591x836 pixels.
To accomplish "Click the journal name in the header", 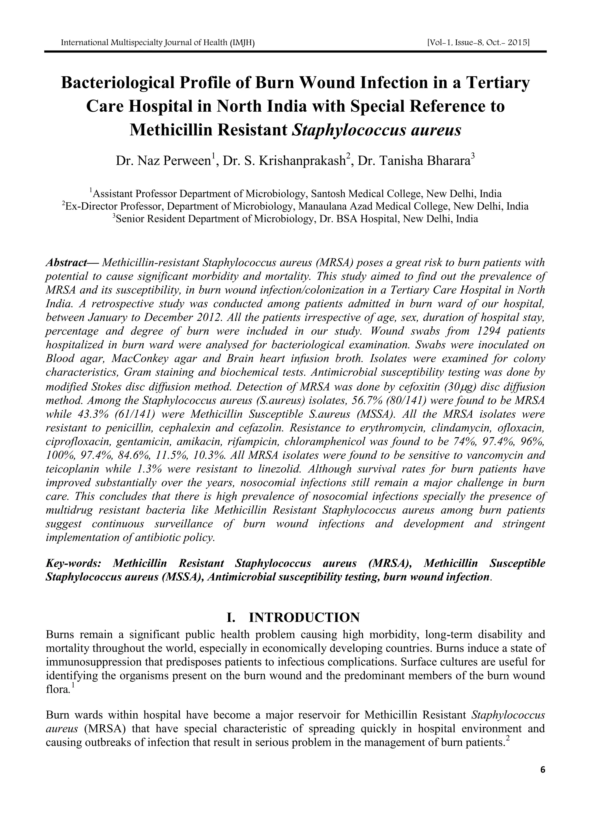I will click(x=157, y=43).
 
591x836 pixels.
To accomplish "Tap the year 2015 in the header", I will click(x=519, y=43).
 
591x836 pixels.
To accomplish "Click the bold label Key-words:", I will click(x=73, y=563).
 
